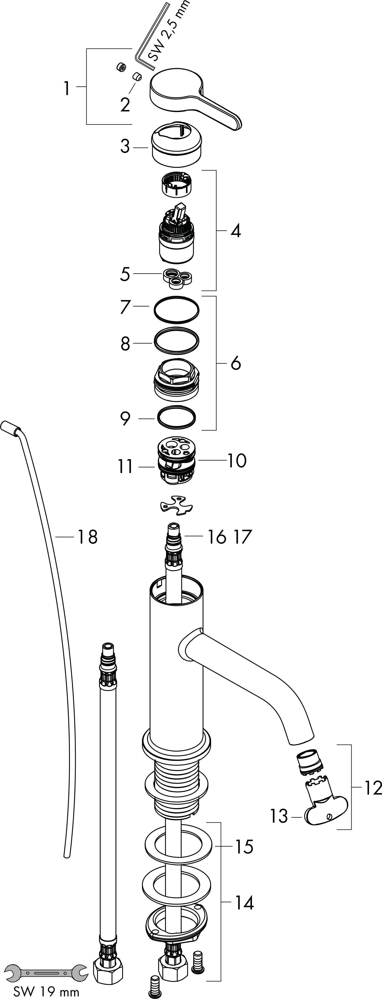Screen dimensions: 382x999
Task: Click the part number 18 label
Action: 88,537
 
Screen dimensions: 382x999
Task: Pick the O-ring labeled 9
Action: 176,418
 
